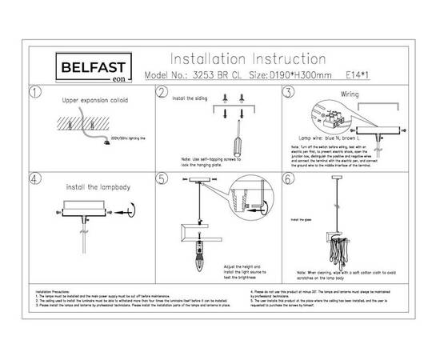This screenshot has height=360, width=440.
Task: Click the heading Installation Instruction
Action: [249, 59]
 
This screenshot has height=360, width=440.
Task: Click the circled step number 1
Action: [34, 93]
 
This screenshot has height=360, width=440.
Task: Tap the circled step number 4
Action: [34, 178]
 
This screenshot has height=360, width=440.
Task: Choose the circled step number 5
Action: [162, 178]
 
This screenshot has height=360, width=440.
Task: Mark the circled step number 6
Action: [289, 178]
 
